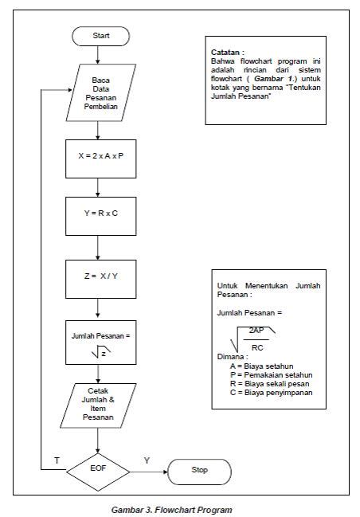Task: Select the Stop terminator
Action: coord(199,470)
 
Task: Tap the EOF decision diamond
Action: coord(96,470)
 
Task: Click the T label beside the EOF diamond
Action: coord(57,460)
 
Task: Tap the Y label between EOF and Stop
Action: coord(146,460)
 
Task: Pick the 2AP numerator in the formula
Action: coord(256,329)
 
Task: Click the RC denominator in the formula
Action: coord(256,347)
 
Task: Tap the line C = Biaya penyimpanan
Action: coord(271,392)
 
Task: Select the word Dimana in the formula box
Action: coord(232,357)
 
